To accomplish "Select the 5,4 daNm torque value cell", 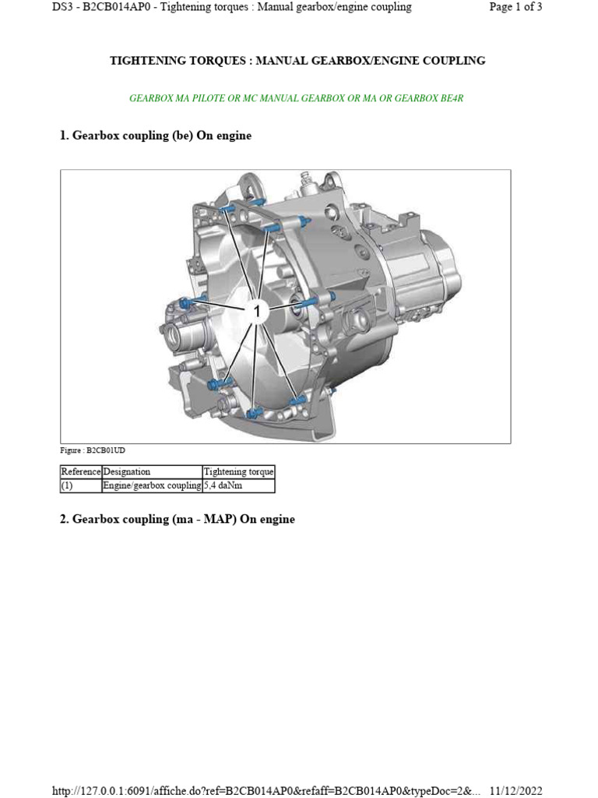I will coord(238,486).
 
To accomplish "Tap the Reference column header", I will coord(81,471).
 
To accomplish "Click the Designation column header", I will coord(127,471).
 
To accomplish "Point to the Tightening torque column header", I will coord(238,471).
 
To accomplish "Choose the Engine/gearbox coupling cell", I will coord(152,486).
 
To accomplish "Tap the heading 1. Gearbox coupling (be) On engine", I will coord(156,136).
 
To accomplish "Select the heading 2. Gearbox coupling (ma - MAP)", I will coord(178,519).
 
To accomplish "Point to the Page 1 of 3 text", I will coord(515,7).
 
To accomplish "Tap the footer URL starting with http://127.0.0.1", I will coord(266,791).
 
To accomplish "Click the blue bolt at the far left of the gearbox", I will coord(185,302).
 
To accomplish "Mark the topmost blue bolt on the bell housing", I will coord(225,209).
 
